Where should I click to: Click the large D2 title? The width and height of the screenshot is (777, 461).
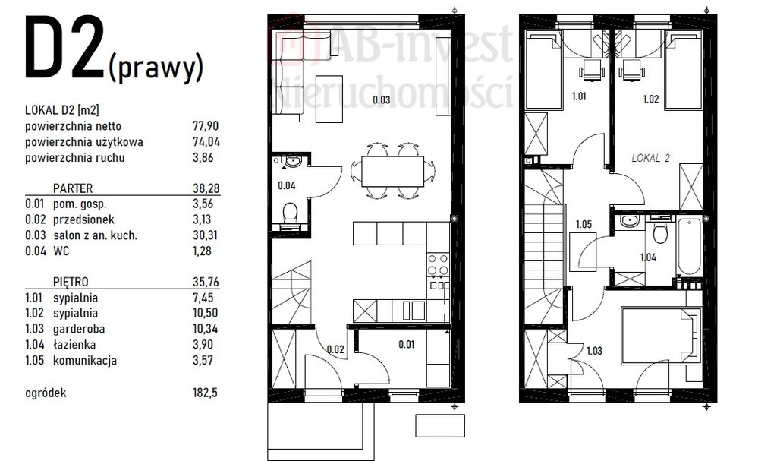64,48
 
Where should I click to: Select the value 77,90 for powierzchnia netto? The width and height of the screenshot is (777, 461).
206,126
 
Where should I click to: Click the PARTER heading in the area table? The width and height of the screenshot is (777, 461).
73,188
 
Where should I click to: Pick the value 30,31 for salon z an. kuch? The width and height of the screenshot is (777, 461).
205,235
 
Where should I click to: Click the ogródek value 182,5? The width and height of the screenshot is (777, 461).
205,393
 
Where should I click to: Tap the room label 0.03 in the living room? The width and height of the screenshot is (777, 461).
382,99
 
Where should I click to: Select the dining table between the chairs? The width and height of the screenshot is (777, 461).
392,172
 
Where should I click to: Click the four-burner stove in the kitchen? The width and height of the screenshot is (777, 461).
438,264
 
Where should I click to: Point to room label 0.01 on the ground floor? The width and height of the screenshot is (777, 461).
407,344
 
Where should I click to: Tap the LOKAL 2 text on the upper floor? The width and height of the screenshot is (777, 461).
650,158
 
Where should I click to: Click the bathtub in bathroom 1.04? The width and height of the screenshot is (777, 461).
689,247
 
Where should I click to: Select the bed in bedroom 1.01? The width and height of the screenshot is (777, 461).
544,71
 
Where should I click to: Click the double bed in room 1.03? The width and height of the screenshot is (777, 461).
662,336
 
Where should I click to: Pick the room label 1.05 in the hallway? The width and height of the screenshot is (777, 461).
584,224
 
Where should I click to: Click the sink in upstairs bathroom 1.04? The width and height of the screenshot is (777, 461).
629,221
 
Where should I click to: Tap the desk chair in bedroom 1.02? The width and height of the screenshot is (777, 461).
631,71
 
